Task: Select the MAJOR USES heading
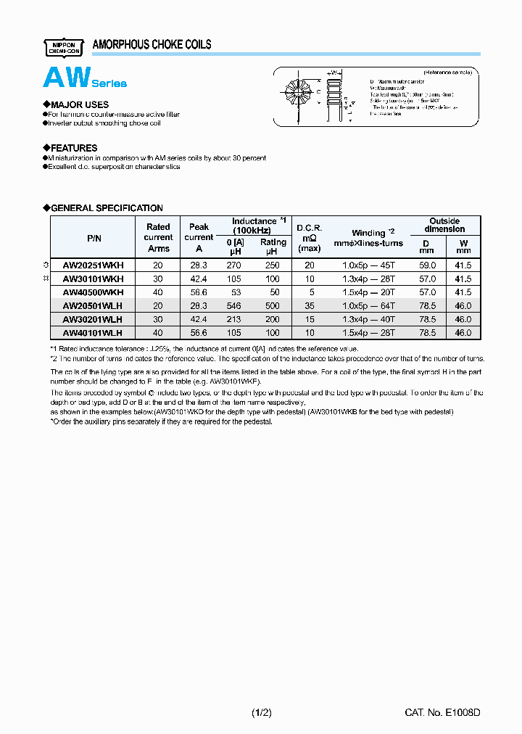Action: tap(76, 104)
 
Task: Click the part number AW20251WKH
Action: tap(93, 265)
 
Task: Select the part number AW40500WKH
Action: tap(93, 292)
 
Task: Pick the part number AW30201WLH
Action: tap(93, 319)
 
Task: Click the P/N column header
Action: tap(94, 237)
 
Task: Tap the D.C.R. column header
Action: tap(310, 237)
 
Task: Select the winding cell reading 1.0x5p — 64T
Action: tap(373, 306)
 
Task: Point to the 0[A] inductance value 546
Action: tap(233, 306)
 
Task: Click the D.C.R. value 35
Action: tap(310, 306)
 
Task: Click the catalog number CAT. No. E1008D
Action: tap(442, 713)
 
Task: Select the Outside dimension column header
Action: tap(444, 225)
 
